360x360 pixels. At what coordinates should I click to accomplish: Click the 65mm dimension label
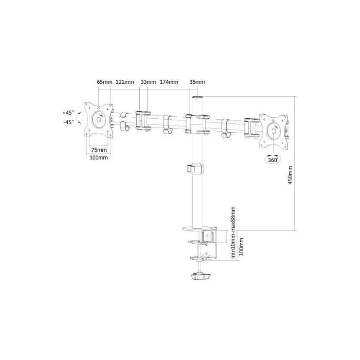point(104,82)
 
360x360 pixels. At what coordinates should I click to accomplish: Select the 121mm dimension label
point(125,82)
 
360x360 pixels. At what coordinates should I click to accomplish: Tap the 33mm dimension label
point(148,82)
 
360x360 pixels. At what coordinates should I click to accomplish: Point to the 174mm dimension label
point(169,82)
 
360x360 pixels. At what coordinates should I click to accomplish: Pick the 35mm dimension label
point(197,82)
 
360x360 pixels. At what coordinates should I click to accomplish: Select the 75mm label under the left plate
point(99,150)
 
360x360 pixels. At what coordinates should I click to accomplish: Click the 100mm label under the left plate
point(99,157)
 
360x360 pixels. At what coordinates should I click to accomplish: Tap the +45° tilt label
point(68,112)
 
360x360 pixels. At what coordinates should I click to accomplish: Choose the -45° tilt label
point(68,122)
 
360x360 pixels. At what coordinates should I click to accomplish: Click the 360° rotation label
point(273,160)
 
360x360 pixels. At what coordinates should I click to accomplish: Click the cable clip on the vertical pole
point(194,168)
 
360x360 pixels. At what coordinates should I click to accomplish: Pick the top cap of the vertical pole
point(196,98)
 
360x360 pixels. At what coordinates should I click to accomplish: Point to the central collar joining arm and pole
point(196,123)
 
